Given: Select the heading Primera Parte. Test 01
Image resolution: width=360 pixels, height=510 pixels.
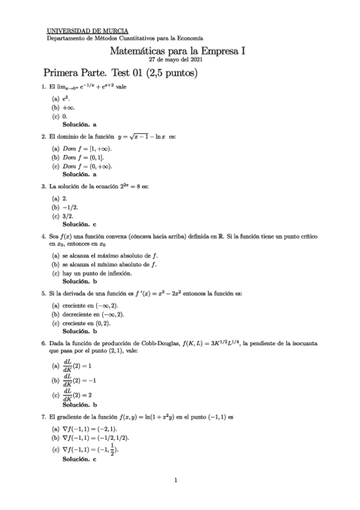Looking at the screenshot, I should pyautogui.click(x=120, y=73).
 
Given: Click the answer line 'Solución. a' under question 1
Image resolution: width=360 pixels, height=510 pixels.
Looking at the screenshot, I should pyautogui.click(x=79, y=124).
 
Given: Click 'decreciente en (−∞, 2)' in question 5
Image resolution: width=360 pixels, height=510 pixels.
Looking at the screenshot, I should pyautogui.click(x=93, y=315).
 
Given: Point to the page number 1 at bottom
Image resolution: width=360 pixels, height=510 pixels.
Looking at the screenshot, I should pyautogui.click(x=175, y=480).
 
